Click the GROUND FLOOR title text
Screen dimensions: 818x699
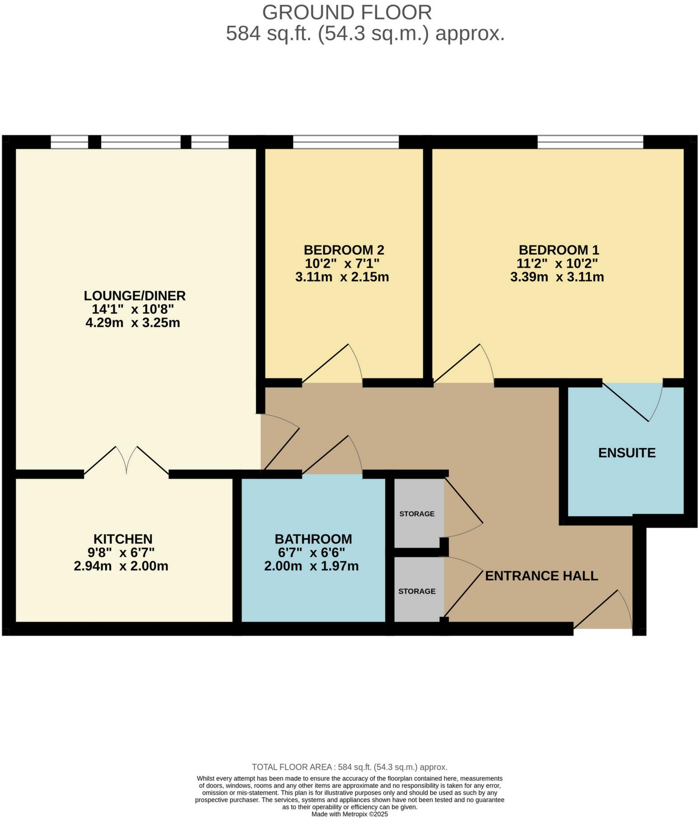(347, 12)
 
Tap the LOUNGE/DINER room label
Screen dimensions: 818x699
(135, 296)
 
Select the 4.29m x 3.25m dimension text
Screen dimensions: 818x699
(133, 323)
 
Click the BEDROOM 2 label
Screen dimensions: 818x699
(344, 250)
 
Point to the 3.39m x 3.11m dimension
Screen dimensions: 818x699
(557, 277)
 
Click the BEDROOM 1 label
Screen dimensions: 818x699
(559, 250)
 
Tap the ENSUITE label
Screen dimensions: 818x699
(627, 453)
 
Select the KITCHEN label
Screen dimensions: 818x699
(123, 539)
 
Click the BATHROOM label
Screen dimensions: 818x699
(313, 539)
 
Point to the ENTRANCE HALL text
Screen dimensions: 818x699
(541, 576)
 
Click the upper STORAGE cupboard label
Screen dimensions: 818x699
(417, 514)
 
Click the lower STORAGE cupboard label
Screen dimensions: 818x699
(417, 591)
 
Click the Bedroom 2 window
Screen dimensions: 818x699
(346, 142)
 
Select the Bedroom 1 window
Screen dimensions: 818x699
(590, 142)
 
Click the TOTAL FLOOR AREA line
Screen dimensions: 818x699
(349, 767)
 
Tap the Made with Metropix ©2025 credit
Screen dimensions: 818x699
(349, 814)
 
